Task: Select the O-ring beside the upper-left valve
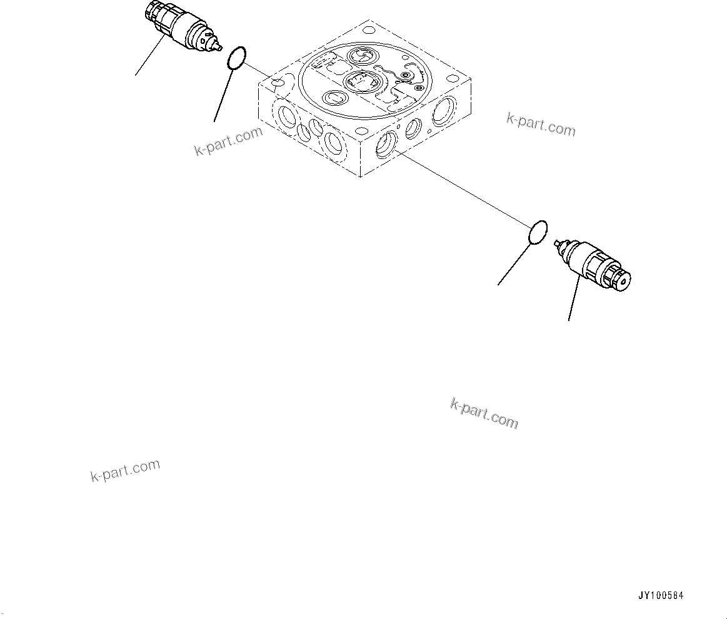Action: pyautogui.click(x=236, y=58)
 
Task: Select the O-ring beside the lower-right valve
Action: pyautogui.click(x=539, y=232)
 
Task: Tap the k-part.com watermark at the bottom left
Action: pyautogui.click(x=126, y=471)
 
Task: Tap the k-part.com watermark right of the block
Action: pyautogui.click(x=541, y=125)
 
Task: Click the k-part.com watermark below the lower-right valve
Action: pyautogui.click(x=484, y=414)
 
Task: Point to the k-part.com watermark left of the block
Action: pyautogui.click(x=229, y=143)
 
